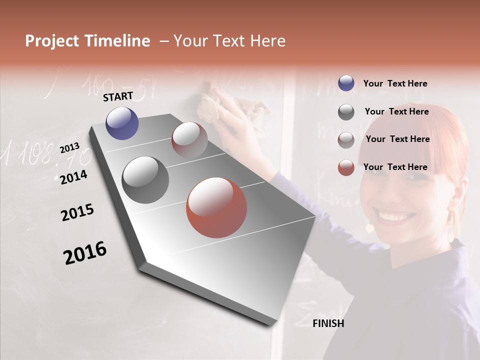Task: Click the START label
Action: [118, 96]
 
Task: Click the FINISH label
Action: [328, 323]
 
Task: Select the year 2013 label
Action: [69, 148]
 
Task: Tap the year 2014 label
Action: [73, 177]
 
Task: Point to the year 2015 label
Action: [77, 212]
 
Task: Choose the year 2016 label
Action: [85, 253]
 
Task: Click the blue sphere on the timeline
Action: [122, 123]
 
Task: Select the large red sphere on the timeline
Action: [216, 207]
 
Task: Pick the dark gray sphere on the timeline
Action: [145, 180]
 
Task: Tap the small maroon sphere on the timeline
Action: [189, 140]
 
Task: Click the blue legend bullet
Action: [346, 83]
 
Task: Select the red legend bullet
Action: [346, 167]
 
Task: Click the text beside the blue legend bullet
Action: [395, 83]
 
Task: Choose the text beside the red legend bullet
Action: [395, 167]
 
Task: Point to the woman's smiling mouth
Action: [397, 216]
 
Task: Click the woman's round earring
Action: [369, 228]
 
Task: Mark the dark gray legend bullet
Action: [346, 112]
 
